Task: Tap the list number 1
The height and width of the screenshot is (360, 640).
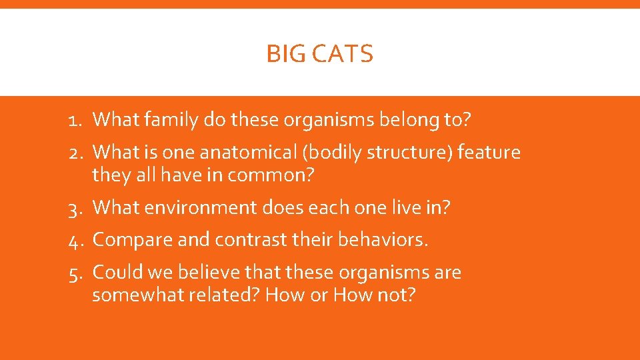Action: [74, 120]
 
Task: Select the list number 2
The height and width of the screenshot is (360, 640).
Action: [74, 153]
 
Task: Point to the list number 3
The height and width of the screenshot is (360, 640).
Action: [74, 208]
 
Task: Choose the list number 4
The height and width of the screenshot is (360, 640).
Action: [74, 239]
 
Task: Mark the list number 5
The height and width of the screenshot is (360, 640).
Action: [74, 273]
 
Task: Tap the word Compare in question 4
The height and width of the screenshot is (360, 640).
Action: [127, 239]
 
